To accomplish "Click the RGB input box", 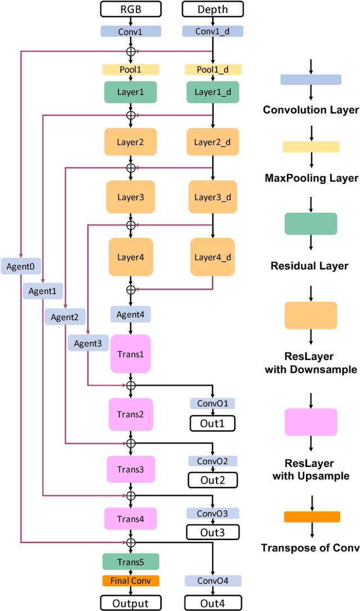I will pyautogui.click(x=130, y=9).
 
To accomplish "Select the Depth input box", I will pyautogui.click(x=213, y=9).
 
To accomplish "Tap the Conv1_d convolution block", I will pyautogui.click(x=213, y=32).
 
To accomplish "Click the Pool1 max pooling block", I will pyautogui.click(x=130, y=70).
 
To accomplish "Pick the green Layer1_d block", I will pyautogui.click(x=213, y=92).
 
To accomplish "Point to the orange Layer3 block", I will pyautogui.click(x=130, y=197).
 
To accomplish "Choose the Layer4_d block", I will pyautogui.click(x=213, y=257).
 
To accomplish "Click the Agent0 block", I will pyautogui.click(x=21, y=266).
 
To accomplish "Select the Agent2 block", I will pyautogui.click(x=65, y=317).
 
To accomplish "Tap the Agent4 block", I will pyautogui.click(x=130, y=314).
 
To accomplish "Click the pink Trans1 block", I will pyautogui.click(x=130, y=354).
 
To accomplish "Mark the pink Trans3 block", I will pyautogui.click(x=130, y=469).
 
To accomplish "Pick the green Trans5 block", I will pyautogui.click(x=130, y=561).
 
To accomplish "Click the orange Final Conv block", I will pyautogui.click(x=130, y=581).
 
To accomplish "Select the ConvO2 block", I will pyautogui.click(x=213, y=461).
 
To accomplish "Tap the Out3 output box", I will pyautogui.click(x=213, y=532).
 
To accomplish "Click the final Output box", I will pyautogui.click(x=130, y=603).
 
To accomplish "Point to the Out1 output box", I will pyautogui.click(x=213, y=423).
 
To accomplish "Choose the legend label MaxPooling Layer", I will pyautogui.click(x=311, y=178).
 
